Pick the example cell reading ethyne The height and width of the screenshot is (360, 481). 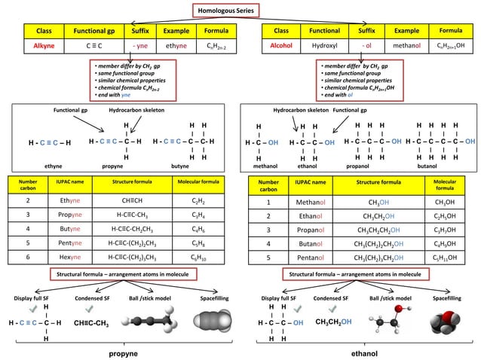click(176, 46)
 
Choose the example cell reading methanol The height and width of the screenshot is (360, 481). click(406, 46)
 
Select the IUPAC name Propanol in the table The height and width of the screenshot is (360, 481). click(310, 230)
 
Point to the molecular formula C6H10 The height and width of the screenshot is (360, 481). click(198, 258)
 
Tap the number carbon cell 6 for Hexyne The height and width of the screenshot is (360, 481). click(28, 258)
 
